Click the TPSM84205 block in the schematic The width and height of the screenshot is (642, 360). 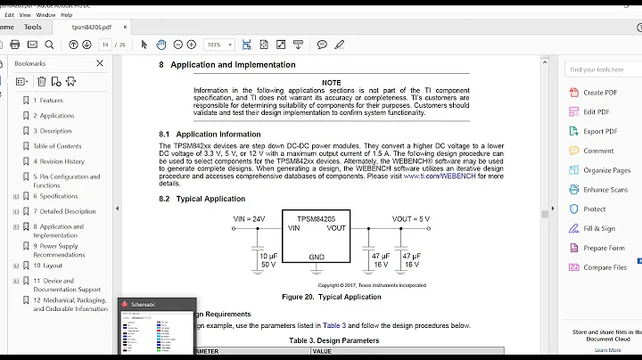(315, 217)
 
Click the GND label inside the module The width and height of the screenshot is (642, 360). (316, 257)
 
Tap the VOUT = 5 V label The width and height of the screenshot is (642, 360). (410, 218)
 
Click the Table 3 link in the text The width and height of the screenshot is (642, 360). (334, 325)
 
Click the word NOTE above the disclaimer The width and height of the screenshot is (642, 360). (332, 82)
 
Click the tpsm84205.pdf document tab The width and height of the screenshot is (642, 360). (93, 27)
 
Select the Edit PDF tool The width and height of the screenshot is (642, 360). (596, 111)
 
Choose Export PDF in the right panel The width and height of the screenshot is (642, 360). (598, 131)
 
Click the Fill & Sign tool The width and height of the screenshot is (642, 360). (598, 229)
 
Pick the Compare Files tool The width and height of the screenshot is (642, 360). (605, 267)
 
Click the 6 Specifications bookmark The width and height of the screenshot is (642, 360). (55, 196)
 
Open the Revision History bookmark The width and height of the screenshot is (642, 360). (59, 161)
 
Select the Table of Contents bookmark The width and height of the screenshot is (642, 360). (57, 146)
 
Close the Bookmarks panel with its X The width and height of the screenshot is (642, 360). (100, 63)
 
